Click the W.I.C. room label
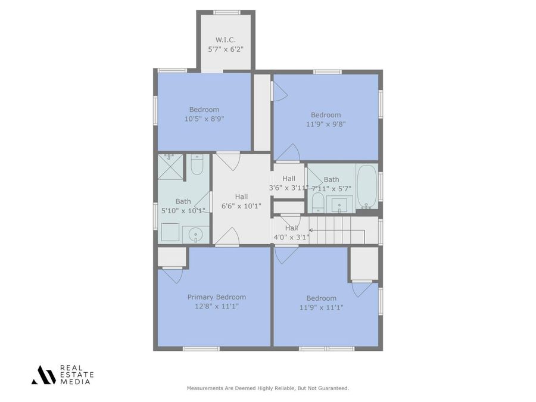[225, 40]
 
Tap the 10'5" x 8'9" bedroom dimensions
[204, 119]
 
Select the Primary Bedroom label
[216, 297]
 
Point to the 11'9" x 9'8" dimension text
[325, 124]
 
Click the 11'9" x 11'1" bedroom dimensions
[321, 307]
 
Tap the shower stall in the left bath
[170, 166]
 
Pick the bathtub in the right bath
[367, 186]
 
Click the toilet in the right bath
[318, 202]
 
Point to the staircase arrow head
[310, 229]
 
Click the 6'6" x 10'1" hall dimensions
[241, 206]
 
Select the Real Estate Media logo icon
[43, 375]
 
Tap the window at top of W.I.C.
[226, 12]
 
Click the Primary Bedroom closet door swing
[173, 275]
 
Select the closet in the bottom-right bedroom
[364, 263]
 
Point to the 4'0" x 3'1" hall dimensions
[291, 236]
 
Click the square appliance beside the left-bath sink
[170, 232]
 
